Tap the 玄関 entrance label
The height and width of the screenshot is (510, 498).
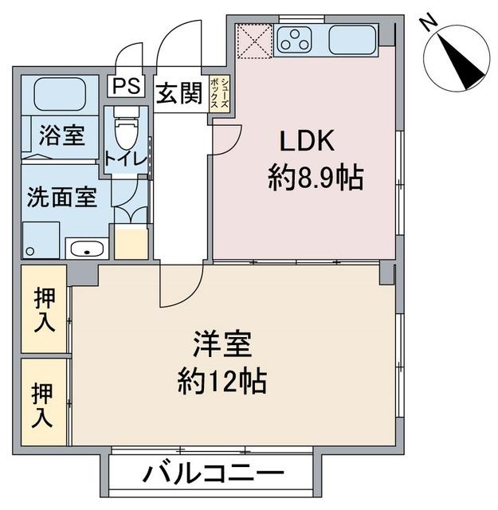point(178,93)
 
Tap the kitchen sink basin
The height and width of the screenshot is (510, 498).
point(353,39)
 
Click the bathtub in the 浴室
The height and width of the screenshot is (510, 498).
point(61,95)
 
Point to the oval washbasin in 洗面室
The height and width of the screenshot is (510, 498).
point(86,249)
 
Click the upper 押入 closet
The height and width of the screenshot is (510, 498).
point(44,309)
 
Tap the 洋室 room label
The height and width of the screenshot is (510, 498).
point(222,346)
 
